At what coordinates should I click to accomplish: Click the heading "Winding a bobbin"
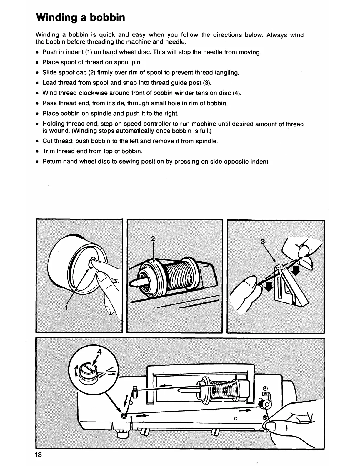[80, 18]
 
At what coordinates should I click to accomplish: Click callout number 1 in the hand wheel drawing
[66, 307]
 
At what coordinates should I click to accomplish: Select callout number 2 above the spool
[153, 239]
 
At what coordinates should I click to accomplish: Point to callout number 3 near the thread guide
[263, 242]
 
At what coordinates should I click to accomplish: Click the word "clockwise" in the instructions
[86, 93]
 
